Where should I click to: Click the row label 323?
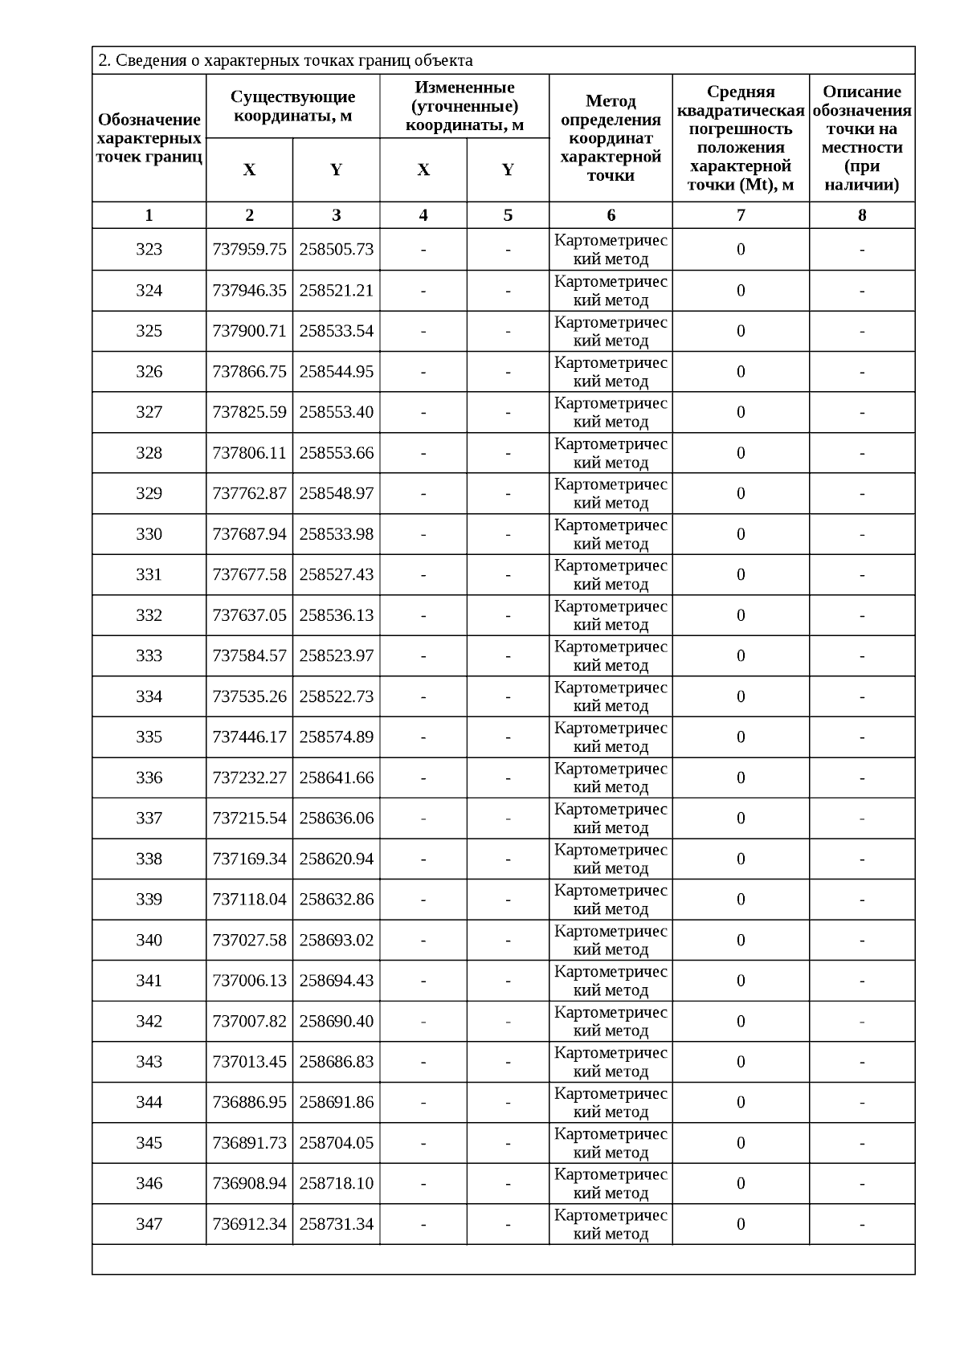(x=149, y=250)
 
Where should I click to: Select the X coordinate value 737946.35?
(x=249, y=291)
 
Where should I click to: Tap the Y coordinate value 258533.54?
(x=336, y=331)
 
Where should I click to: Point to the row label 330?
(x=149, y=534)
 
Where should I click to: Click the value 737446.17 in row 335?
(x=249, y=737)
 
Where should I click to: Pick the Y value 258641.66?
(x=336, y=777)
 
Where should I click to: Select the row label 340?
(x=149, y=940)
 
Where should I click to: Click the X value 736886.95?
(x=249, y=1102)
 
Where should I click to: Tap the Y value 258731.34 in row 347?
(x=336, y=1224)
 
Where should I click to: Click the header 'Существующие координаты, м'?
(x=292, y=106)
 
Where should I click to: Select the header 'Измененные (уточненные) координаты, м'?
(x=464, y=106)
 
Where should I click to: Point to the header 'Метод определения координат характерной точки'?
(x=611, y=138)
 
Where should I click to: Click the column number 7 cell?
(x=741, y=215)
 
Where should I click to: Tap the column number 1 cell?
(x=149, y=215)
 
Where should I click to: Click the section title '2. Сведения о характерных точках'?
(x=285, y=61)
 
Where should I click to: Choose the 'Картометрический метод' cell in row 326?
(x=611, y=372)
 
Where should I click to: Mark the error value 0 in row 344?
(x=741, y=1102)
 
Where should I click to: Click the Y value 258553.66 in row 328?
(x=336, y=453)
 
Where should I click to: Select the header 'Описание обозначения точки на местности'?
(x=862, y=138)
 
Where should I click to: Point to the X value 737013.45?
(x=249, y=1062)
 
